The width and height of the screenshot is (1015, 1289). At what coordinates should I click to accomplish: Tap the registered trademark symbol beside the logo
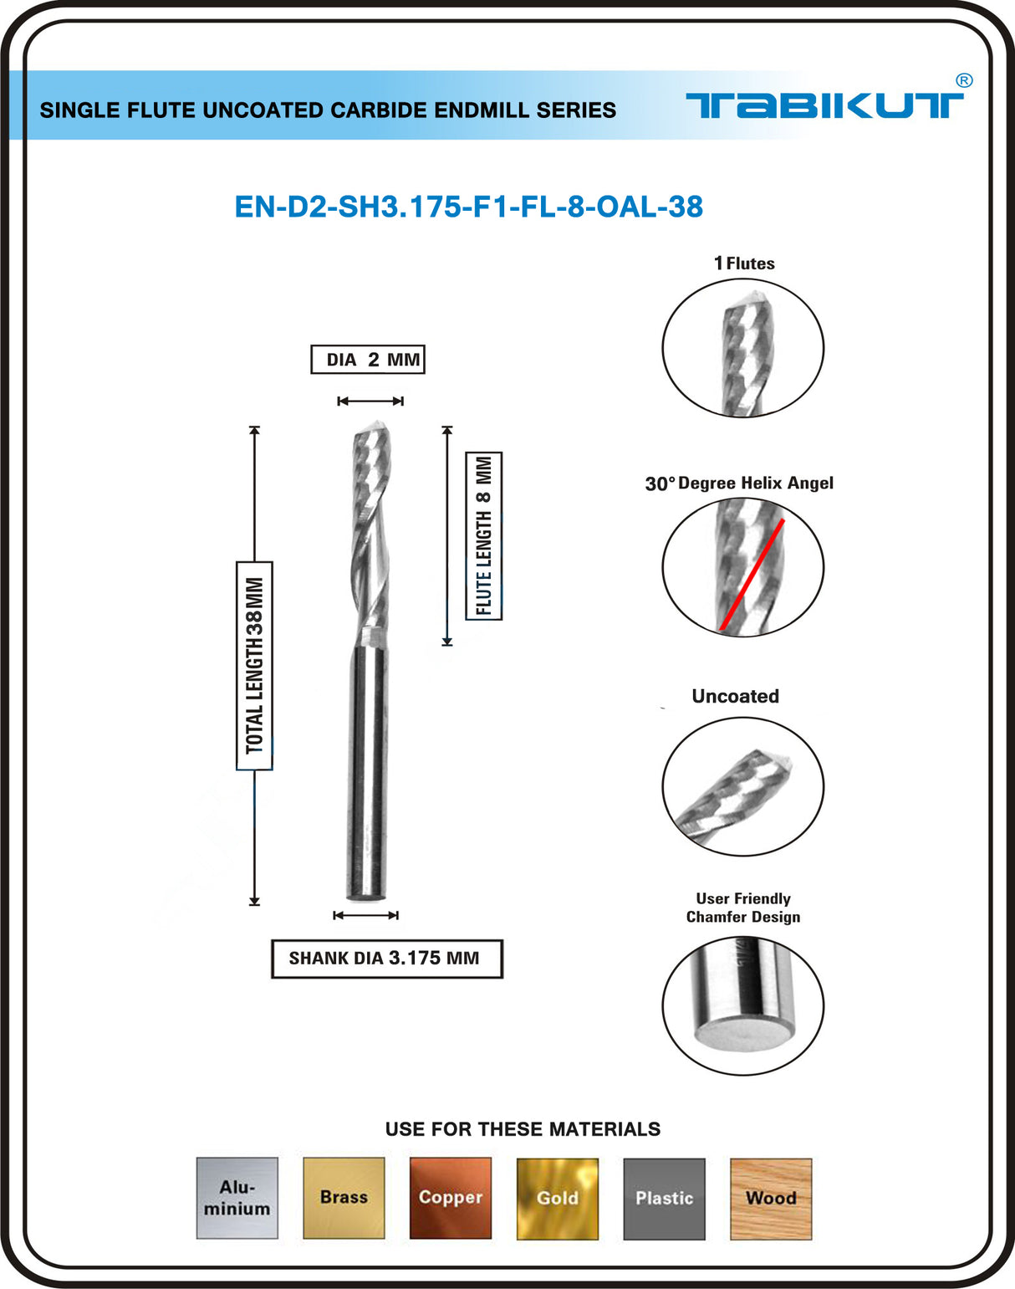tap(963, 81)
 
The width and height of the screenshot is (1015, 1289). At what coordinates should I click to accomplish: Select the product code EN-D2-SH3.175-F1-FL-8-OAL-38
tap(468, 207)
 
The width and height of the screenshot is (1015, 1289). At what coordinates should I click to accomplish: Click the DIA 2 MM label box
tap(368, 360)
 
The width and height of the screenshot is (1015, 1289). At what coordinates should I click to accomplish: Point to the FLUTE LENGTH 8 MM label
tap(484, 535)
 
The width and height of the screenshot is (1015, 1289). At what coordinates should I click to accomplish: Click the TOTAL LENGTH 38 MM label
tap(254, 665)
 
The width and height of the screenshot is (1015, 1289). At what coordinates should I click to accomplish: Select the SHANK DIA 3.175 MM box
tap(386, 959)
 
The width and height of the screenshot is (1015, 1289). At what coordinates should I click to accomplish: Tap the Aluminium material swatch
tap(237, 1198)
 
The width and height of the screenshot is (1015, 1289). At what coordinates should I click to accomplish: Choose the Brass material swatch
tap(344, 1198)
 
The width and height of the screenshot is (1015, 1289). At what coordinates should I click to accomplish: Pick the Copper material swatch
tap(451, 1198)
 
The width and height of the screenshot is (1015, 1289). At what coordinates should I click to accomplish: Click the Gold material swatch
tap(558, 1198)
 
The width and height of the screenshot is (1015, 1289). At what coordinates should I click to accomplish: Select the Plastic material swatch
tap(664, 1198)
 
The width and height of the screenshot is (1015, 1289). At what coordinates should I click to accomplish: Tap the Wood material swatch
tap(771, 1198)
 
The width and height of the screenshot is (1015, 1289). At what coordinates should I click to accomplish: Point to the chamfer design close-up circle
tap(742, 1005)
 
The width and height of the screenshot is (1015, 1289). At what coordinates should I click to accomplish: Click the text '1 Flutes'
tap(744, 263)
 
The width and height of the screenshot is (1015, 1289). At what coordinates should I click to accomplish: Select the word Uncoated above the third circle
tap(735, 696)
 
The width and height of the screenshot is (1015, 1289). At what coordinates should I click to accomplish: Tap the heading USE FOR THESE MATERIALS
tap(523, 1129)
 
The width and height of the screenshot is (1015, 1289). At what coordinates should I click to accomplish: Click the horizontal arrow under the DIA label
tap(370, 402)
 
